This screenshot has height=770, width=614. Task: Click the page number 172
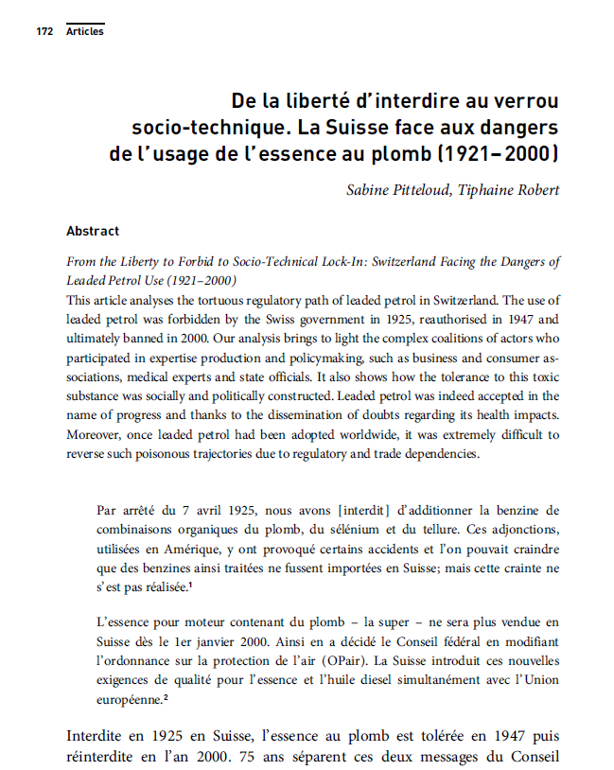pos(44,32)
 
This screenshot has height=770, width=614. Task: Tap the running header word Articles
pos(85,32)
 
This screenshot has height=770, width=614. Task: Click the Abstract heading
pos(93,231)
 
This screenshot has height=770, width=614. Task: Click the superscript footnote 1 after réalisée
pos(190,585)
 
